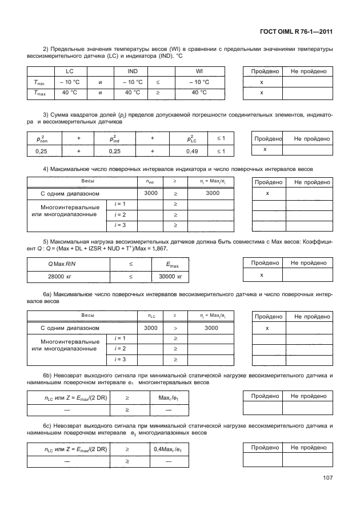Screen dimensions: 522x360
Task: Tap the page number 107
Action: [x=326, y=478]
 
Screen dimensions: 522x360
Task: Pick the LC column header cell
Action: [x=70, y=71]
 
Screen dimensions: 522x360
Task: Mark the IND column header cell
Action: [x=132, y=71]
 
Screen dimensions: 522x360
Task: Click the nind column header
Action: [x=151, y=181]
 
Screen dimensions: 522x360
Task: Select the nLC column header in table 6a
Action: [x=151, y=316]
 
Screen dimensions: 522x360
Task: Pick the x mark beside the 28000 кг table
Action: [x=262, y=275]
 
